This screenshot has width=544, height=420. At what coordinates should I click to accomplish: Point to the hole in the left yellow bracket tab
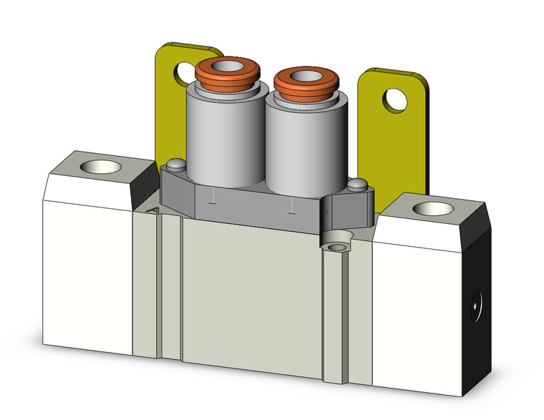click(x=181, y=72)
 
